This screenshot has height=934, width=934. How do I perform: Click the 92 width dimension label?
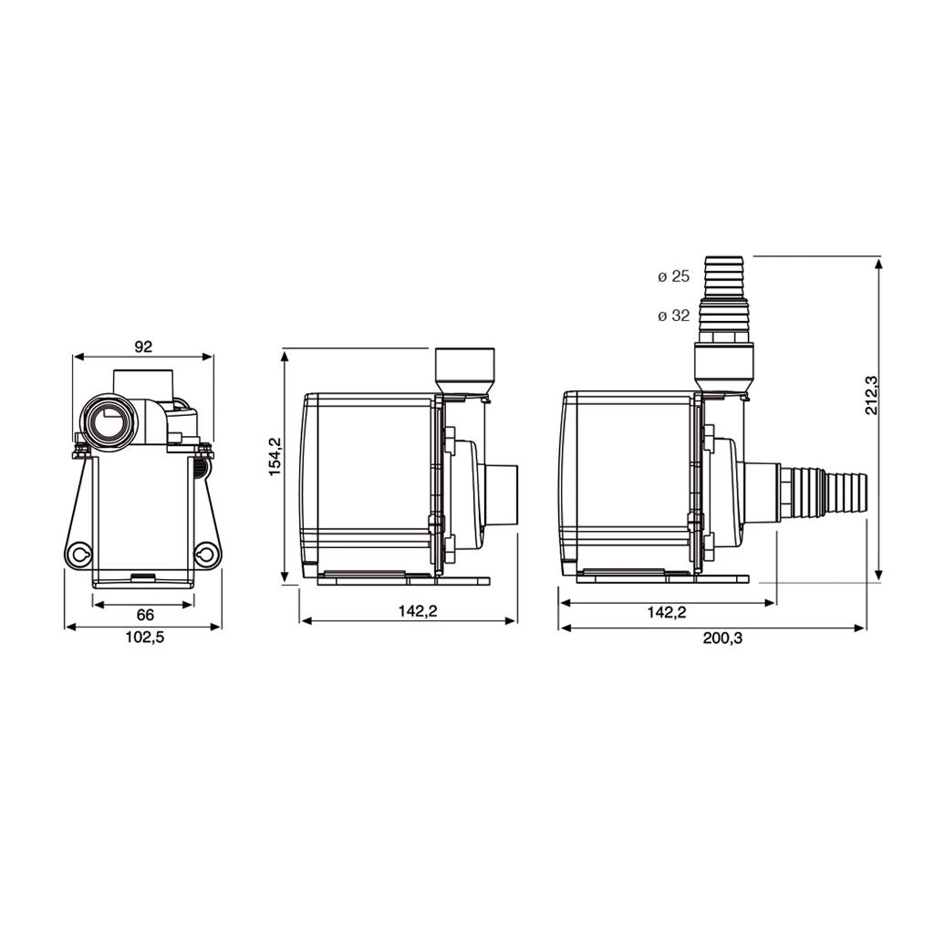(x=142, y=346)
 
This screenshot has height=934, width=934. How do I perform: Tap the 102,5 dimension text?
(x=143, y=638)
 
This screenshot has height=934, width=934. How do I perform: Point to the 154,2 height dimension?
(x=275, y=456)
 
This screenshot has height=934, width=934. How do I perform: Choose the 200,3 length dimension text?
(x=722, y=638)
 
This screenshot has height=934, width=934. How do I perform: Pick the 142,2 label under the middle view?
(x=417, y=612)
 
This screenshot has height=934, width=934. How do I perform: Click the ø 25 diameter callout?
(x=674, y=276)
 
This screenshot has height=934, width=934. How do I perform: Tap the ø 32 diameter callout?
(x=674, y=317)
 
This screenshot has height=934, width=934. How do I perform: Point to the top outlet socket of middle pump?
(x=465, y=369)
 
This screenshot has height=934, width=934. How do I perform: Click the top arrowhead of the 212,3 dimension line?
(x=878, y=264)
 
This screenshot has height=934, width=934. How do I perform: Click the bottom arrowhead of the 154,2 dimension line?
(x=285, y=576)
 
